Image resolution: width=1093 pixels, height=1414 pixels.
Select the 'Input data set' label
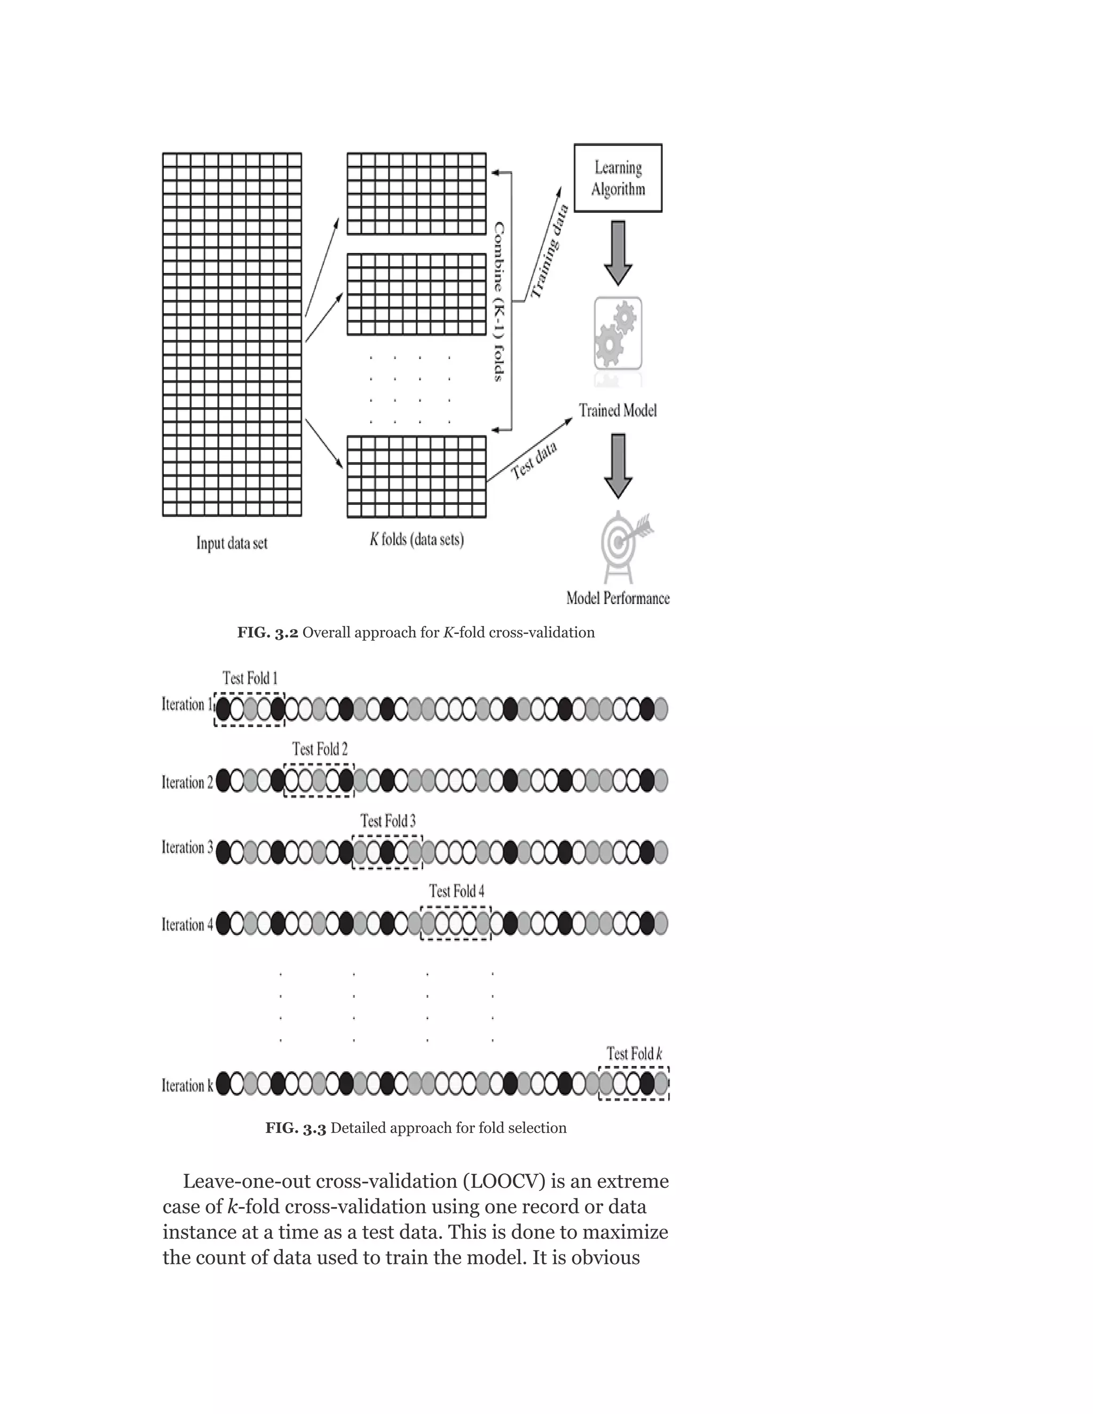[232, 543]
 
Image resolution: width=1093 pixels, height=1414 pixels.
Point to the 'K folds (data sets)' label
[416, 539]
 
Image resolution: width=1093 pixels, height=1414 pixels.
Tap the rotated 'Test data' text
[534, 460]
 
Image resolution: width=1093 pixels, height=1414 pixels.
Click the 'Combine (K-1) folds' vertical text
[498, 301]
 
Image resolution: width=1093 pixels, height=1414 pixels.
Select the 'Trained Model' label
[617, 410]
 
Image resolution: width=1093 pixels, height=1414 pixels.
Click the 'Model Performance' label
[617, 598]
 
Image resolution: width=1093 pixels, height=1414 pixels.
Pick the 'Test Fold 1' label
[250, 678]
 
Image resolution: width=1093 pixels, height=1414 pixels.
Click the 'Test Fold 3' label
[388, 821]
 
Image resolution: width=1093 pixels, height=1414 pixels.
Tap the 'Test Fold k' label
[634, 1053]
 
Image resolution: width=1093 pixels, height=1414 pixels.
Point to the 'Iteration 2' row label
[187, 782]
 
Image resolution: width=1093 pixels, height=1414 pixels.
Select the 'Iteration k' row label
[187, 1085]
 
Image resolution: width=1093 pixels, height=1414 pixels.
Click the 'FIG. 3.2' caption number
[267, 632]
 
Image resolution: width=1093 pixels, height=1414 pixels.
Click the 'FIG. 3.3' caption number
[295, 1128]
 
